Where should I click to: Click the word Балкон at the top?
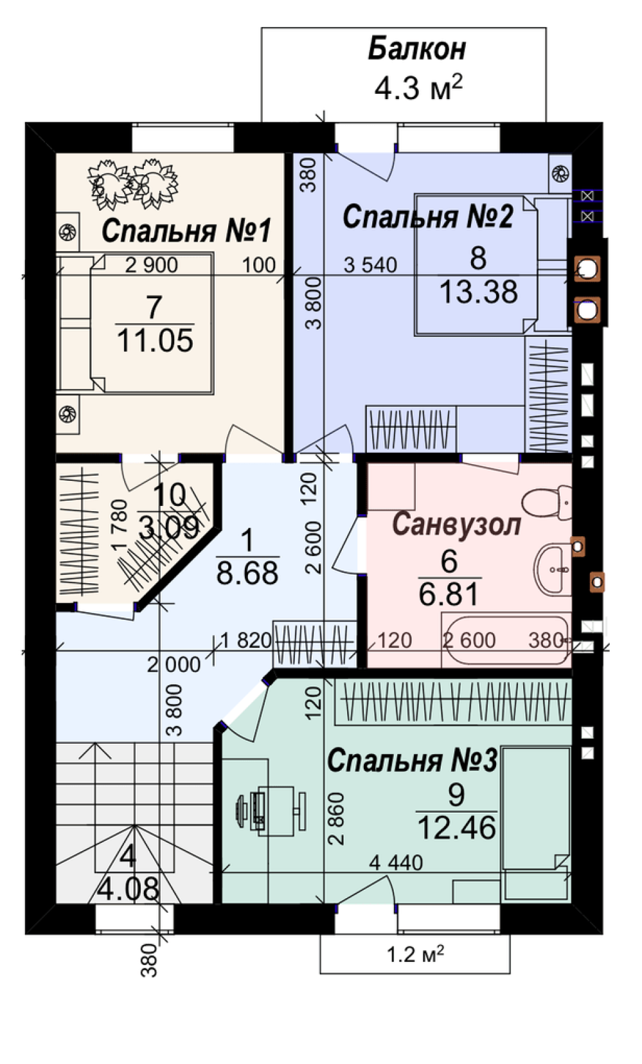coord(416,49)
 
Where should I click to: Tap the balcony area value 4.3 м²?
coord(418,87)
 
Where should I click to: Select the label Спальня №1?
coord(186,231)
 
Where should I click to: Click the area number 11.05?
coord(155,341)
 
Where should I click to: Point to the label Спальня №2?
coord(428,217)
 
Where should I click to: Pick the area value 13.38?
coord(478,292)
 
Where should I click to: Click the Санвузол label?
coord(456,525)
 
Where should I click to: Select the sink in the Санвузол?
coord(553,569)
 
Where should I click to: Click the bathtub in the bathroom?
coord(505,639)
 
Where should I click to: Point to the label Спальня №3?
coord(412,761)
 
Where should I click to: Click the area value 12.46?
coord(457,827)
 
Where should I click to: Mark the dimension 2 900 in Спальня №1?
coord(152,265)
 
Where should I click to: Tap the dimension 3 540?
coord(370,265)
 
